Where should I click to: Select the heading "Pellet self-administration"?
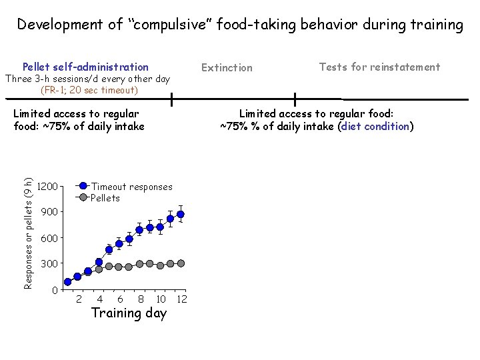pos(85,67)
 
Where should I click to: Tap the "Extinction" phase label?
pos(227,67)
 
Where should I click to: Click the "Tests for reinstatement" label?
pos(379,67)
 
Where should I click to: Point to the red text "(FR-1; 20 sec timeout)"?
pos(89,90)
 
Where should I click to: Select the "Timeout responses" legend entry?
pos(131,187)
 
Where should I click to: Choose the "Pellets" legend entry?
pos(105,198)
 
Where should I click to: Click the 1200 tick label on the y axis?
pos(49,186)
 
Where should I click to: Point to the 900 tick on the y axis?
pos(49,212)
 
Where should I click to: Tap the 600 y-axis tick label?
pos(49,238)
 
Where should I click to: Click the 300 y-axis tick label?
pos(49,264)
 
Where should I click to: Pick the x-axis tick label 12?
pos(181,299)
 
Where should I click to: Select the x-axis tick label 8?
pos(140,299)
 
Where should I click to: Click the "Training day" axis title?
pos(129,313)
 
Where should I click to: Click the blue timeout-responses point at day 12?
pos(181,214)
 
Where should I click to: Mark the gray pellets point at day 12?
pos(181,263)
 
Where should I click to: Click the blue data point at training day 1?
pos(67,282)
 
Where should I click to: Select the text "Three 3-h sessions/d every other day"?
pos(87,79)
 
